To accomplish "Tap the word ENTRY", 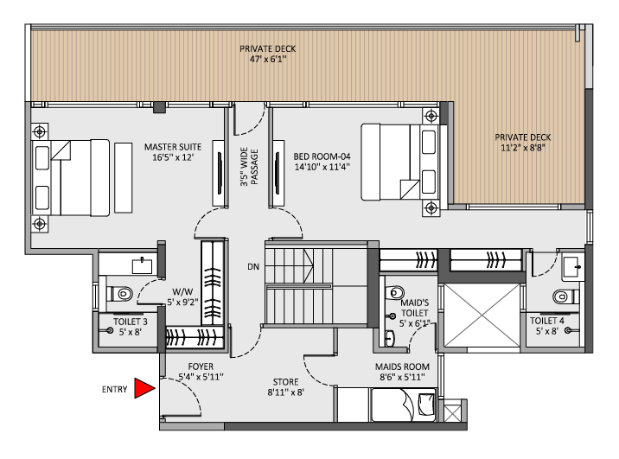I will (x=115, y=390).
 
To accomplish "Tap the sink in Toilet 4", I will (x=571, y=264).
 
